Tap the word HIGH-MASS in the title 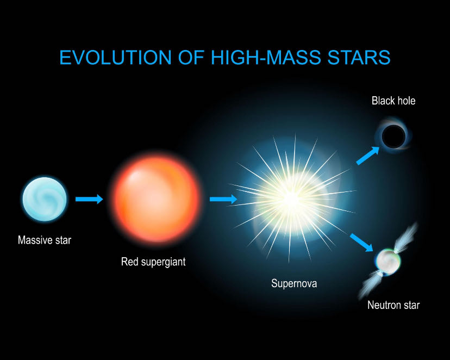(266, 57)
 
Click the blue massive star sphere (45, 199)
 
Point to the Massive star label (45, 240)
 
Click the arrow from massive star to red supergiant (89, 199)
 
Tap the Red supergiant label (153, 262)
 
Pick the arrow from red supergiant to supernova (223, 199)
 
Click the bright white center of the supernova (291, 197)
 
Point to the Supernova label (294, 284)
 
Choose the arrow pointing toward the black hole (367, 156)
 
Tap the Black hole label (393, 101)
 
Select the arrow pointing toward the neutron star (361, 243)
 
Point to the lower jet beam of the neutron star (370, 285)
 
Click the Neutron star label (393, 305)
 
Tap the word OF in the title (191, 57)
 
